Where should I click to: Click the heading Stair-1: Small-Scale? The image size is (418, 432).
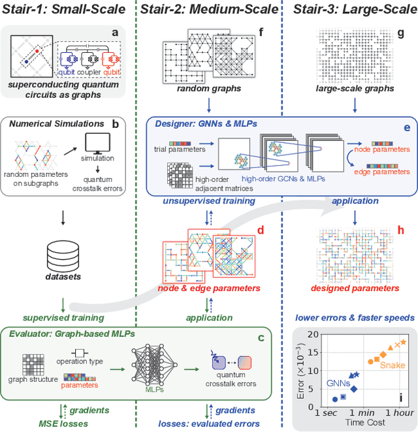(x=67, y=10)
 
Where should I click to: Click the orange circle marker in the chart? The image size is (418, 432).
(x=370, y=362)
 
